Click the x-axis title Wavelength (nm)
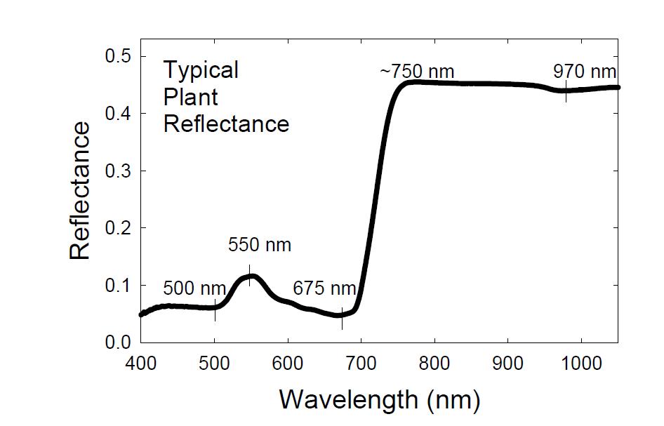coord(380,399)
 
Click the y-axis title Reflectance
coord(80,191)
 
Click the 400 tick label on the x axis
coord(141,363)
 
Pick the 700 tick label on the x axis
coord(361,363)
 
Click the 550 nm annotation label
coord(259,246)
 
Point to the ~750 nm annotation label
coord(417,72)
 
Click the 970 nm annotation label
coord(585,72)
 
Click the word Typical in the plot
coord(201,70)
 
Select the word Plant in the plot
coord(190,97)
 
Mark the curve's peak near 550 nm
coord(251,276)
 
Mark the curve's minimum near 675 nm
coord(341,315)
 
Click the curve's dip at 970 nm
coord(566,91)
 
